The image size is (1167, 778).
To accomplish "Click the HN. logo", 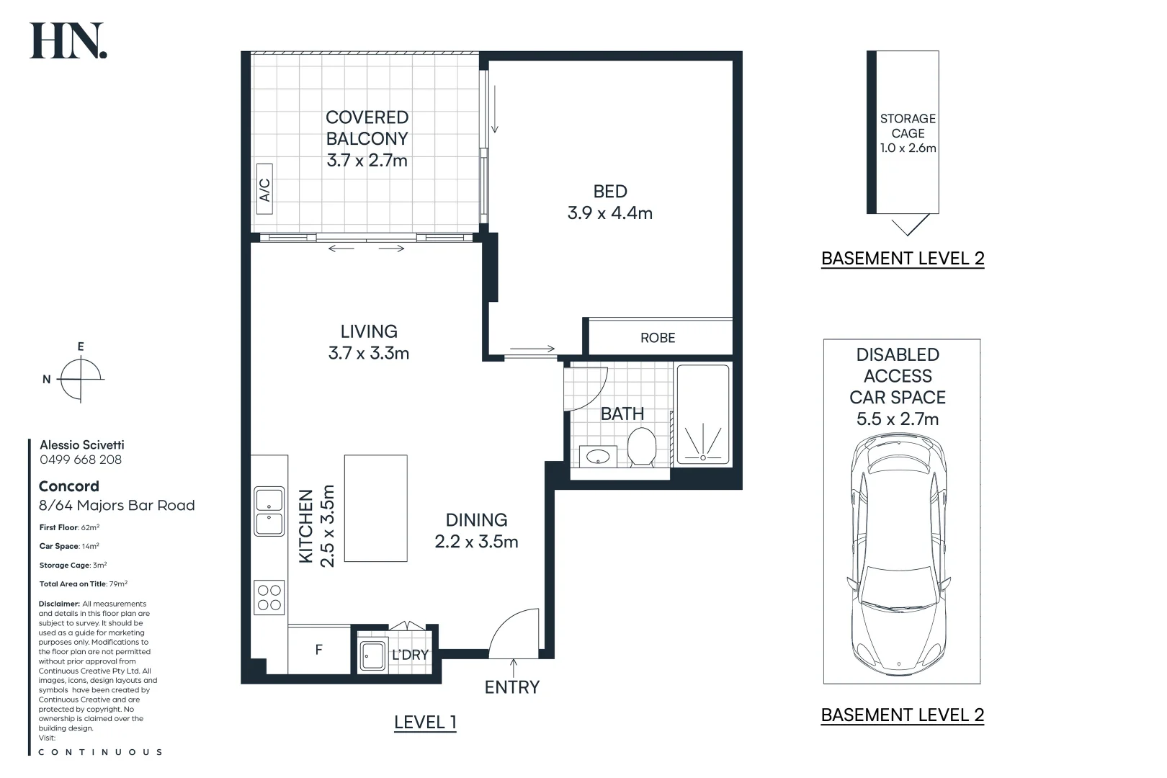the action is click(68, 40).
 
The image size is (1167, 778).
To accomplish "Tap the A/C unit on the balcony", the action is click(264, 189).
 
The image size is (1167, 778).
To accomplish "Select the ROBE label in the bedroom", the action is click(658, 338).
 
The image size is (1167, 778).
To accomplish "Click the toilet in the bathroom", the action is click(641, 447).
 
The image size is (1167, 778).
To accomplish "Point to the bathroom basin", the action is click(598, 457).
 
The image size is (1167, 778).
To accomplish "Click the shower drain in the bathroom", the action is click(703, 457).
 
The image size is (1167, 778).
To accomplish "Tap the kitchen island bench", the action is click(375, 508).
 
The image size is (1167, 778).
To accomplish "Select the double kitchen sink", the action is click(269, 511).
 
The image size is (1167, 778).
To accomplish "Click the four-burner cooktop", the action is click(269, 597).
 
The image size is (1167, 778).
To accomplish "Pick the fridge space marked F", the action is click(319, 649).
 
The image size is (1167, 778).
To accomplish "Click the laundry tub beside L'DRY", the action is click(372, 655).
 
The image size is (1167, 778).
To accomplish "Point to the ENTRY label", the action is click(512, 687).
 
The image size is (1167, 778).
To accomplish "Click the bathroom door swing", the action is click(586, 389).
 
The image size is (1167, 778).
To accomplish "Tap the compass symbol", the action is click(80, 379).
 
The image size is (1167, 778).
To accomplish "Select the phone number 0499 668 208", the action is click(81, 460).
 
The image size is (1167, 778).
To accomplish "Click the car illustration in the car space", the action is click(899, 555).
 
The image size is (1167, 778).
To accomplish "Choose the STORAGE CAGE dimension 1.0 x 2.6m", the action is click(908, 148).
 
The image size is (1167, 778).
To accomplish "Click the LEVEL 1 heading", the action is click(425, 723).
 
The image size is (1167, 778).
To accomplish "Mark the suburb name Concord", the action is click(68, 486).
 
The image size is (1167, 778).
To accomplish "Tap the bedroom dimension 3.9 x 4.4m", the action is click(609, 213).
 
